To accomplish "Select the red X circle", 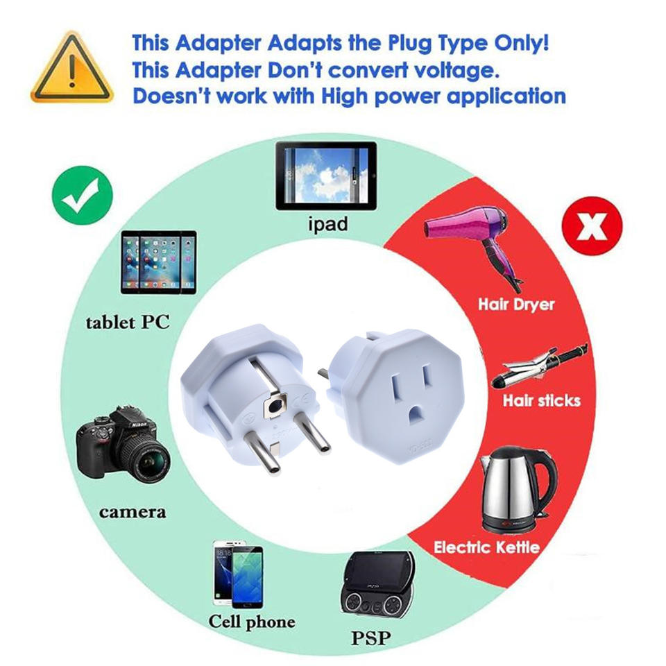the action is point(592,225).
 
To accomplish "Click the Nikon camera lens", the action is point(150,461).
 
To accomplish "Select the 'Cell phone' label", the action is point(252,622).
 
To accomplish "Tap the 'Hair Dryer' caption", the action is point(517,304).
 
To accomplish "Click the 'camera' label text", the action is point(133,513).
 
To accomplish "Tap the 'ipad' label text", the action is point(327,225).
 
